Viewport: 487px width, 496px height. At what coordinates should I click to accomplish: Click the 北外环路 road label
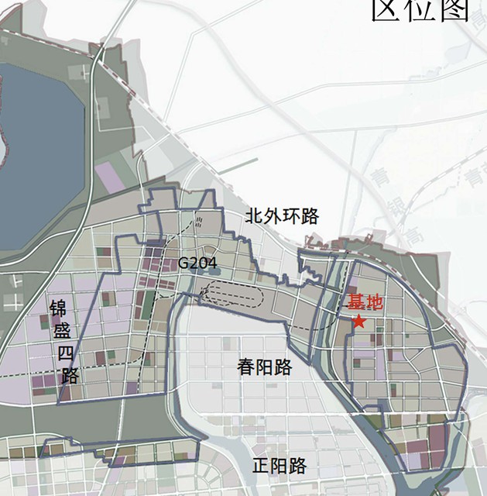pos(282,216)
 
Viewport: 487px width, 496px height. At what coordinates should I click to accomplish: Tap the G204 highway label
pos(198,263)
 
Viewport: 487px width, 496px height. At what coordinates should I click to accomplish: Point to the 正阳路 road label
pos(280,467)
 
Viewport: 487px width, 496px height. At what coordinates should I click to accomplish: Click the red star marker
pos(358,321)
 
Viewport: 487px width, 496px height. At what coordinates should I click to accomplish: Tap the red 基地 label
pos(363,302)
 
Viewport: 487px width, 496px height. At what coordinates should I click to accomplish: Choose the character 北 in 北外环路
pos(254,216)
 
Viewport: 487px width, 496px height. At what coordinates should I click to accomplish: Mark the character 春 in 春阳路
pos(246,367)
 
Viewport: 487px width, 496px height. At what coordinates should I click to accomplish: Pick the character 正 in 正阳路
pos(262,467)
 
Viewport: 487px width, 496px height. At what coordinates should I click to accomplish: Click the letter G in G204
pos(183,263)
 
